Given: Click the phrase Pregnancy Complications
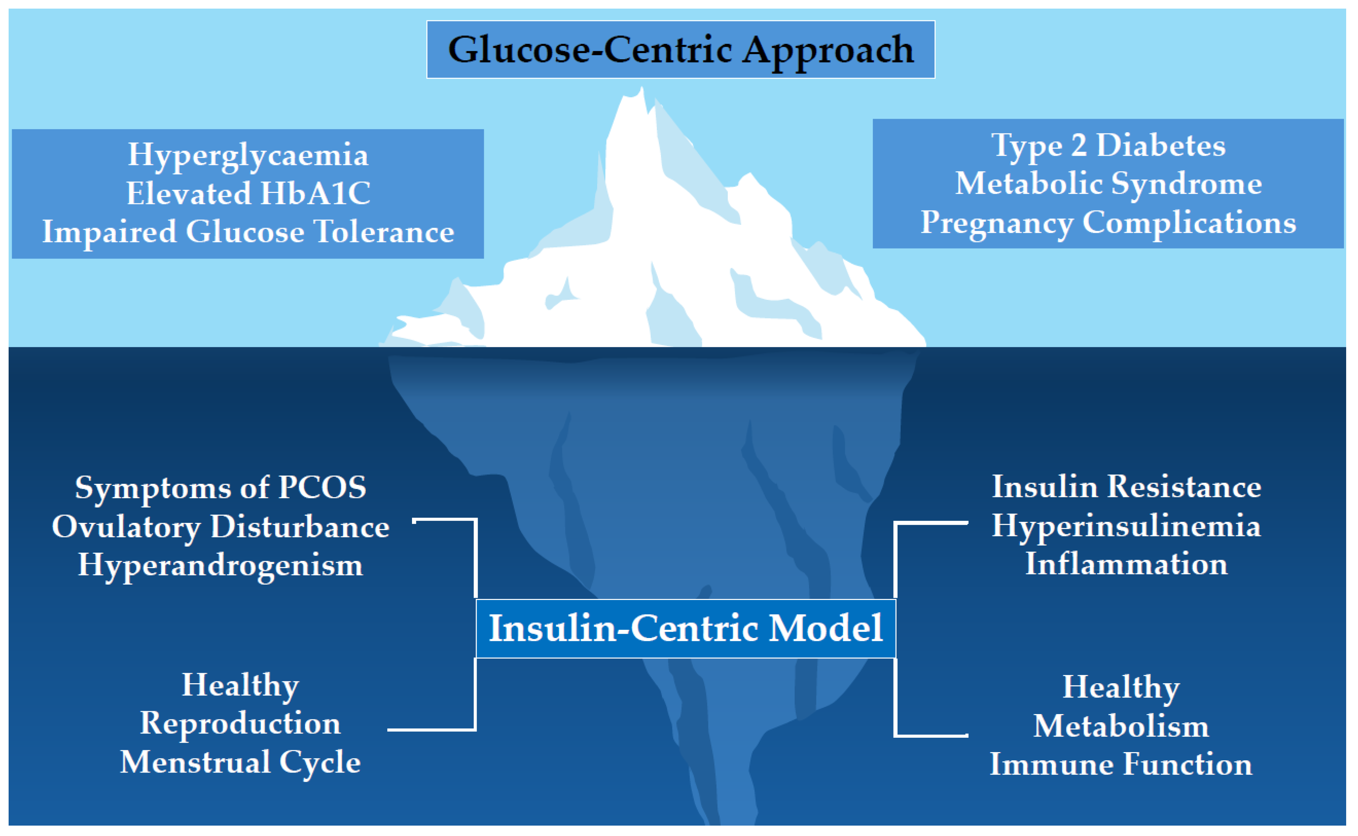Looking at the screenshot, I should (1108, 222).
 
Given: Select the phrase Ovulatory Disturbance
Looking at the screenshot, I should (220, 526).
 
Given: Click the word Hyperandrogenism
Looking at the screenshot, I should (220, 565).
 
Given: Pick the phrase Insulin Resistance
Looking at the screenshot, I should (1126, 487).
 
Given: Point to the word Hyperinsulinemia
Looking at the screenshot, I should (1126, 525).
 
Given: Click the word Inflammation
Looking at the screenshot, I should (1126, 564).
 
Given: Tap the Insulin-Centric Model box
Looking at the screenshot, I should (685, 628).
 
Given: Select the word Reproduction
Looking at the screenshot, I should (240, 723).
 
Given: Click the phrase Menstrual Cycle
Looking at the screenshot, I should (240, 762).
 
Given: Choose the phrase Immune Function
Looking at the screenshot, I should (1121, 764).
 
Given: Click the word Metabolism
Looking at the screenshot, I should (1121, 726).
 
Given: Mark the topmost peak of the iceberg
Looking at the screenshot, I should (642, 89).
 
